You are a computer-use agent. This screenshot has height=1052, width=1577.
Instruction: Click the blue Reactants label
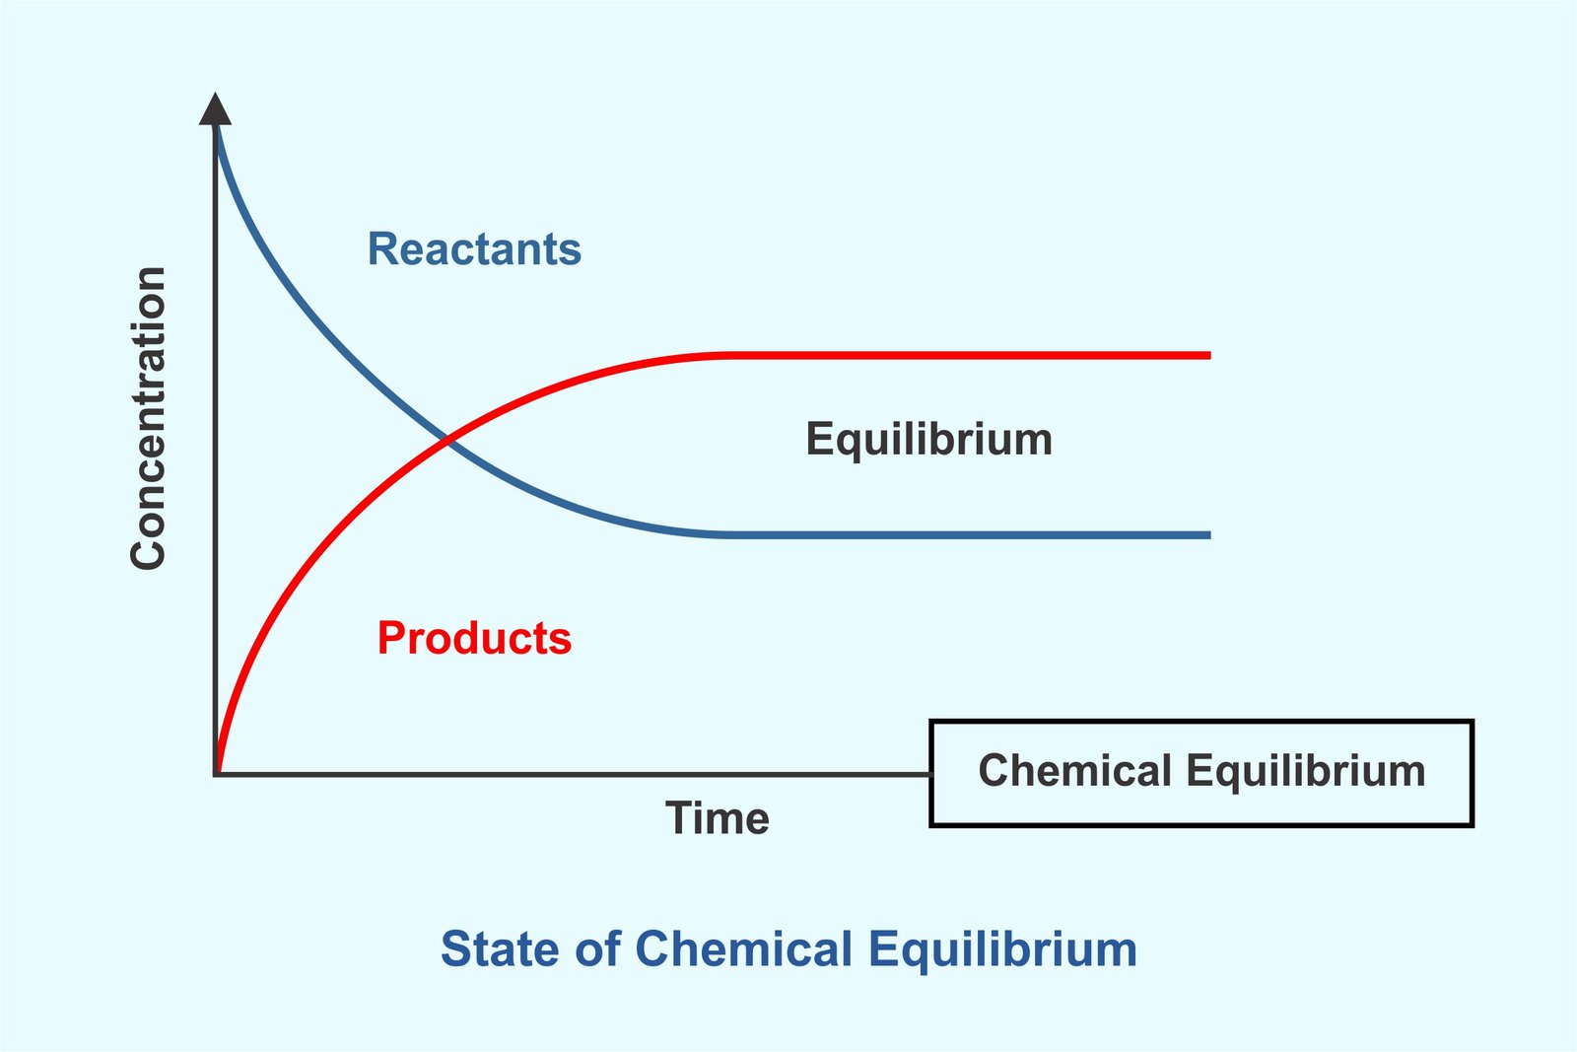pyautogui.click(x=474, y=249)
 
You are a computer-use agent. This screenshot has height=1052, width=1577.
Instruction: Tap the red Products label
pyautogui.click(x=474, y=638)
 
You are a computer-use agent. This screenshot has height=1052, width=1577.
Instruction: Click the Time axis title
pyautogui.click(x=718, y=818)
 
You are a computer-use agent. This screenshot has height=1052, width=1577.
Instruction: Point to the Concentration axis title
pyautogui.click(x=148, y=418)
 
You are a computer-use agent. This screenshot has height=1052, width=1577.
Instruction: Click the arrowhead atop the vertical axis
pyautogui.click(x=216, y=109)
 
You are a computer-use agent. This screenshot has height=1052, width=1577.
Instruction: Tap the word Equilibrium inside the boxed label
pyautogui.click(x=1306, y=772)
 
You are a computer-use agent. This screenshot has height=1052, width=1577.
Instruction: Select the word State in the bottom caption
pyautogui.click(x=501, y=949)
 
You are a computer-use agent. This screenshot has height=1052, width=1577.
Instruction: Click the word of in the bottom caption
pyautogui.click(x=597, y=949)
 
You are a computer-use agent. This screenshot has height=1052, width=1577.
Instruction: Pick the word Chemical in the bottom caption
pyautogui.click(x=743, y=949)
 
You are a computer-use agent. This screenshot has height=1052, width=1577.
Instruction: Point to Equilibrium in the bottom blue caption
pyautogui.click(x=1002, y=951)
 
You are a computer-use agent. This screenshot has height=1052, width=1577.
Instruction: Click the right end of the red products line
pyautogui.click(x=1209, y=356)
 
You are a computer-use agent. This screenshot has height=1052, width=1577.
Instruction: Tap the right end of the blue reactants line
pyautogui.click(x=1209, y=535)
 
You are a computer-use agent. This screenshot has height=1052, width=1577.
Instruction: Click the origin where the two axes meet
pyautogui.click(x=216, y=775)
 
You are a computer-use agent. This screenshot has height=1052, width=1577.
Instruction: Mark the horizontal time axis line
pyautogui.click(x=572, y=775)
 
